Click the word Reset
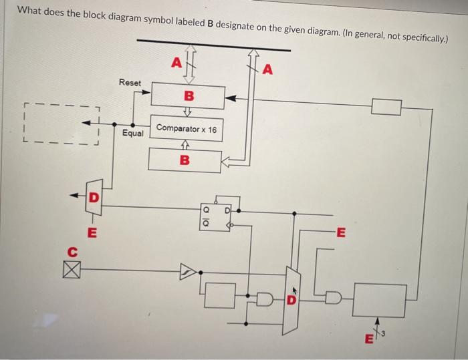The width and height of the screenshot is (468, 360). coord(130,82)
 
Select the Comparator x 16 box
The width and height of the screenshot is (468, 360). coord(187,129)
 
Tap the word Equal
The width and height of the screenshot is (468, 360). coord(133,134)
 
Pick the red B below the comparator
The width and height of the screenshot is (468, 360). coord(185,160)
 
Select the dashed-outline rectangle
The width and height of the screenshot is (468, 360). coord(60,124)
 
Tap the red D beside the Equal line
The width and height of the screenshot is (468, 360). coord(94,198)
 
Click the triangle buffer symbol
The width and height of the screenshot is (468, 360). coord(189,271)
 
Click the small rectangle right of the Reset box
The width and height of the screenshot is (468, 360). coord(386,106)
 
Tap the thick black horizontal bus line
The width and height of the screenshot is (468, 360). coord(213,45)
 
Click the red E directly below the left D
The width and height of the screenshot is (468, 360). coord(92,233)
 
